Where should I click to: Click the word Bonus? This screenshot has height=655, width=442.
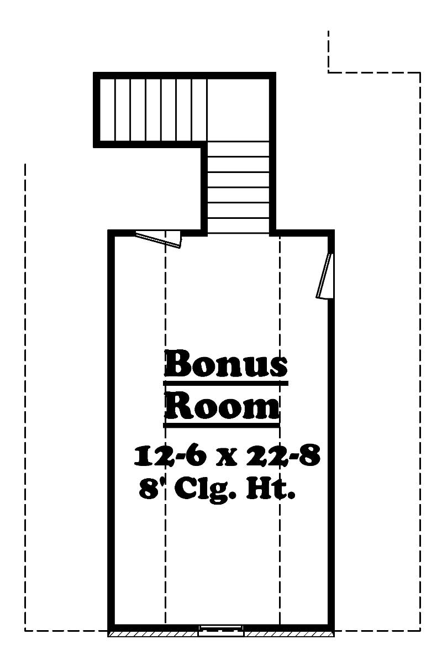226,364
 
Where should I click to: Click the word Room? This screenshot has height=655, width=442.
222,406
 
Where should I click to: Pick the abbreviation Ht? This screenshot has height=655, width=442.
270,489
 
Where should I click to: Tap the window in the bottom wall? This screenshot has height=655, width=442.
220,630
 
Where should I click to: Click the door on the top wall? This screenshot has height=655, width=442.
160,238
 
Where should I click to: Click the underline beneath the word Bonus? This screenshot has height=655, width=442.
226,382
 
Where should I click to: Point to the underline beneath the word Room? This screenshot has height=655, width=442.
222,425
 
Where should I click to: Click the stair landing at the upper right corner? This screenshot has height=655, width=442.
238,109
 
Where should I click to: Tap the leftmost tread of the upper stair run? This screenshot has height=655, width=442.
108,109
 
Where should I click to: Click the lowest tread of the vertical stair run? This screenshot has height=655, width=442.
238,226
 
